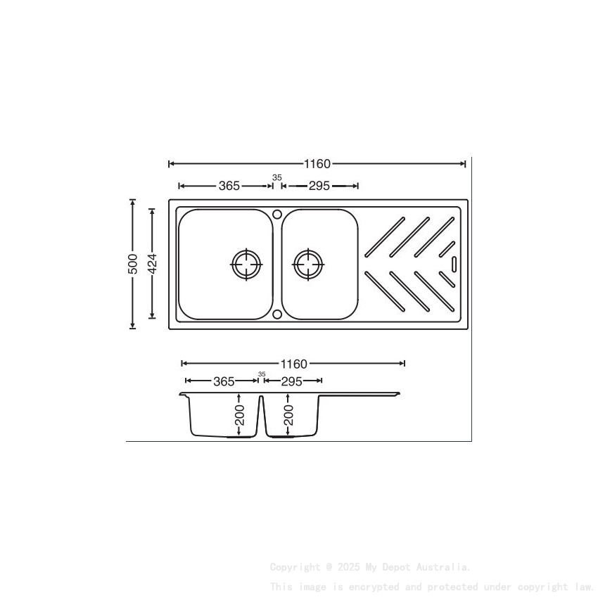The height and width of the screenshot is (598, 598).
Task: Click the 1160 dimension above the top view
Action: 317,164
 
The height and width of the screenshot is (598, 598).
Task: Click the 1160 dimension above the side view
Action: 294,364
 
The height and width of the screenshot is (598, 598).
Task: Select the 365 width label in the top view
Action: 229,186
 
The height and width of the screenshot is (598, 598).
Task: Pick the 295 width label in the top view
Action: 319,186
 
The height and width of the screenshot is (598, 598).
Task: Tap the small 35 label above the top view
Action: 276,177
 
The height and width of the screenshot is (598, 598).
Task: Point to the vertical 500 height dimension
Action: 132,265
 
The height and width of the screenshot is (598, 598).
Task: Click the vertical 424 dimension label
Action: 152,265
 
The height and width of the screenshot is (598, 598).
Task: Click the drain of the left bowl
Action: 246,265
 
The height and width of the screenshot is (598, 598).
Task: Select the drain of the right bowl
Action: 308,265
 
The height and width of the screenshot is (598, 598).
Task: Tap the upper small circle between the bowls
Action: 277,213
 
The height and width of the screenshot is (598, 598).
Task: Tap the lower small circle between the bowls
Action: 277,314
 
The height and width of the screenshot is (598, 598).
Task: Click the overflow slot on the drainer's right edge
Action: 454,265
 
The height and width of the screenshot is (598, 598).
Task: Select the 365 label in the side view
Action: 224,381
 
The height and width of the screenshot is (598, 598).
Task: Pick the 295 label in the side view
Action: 291,381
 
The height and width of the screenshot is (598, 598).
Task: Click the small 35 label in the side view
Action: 262,374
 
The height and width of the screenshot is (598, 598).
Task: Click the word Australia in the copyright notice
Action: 444,566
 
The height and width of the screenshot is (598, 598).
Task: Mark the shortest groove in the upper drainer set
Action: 446,248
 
